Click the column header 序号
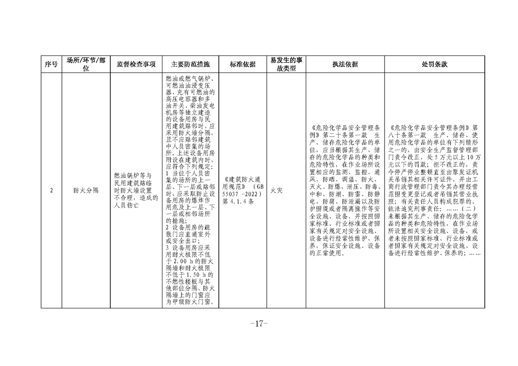[x=51, y=65]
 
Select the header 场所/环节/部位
[x=86, y=65]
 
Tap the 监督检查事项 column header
[x=136, y=65]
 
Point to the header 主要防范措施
[x=190, y=65]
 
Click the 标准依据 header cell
[x=243, y=65]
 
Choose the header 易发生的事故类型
[x=286, y=65]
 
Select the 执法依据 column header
[x=345, y=65]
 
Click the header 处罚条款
[x=434, y=65]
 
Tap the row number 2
[x=51, y=191]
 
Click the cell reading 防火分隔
[x=86, y=191]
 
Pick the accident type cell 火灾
[x=277, y=191]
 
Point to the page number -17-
[x=259, y=324]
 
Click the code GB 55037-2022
[x=243, y=191]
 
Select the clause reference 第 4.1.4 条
[x=238, y=202]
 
